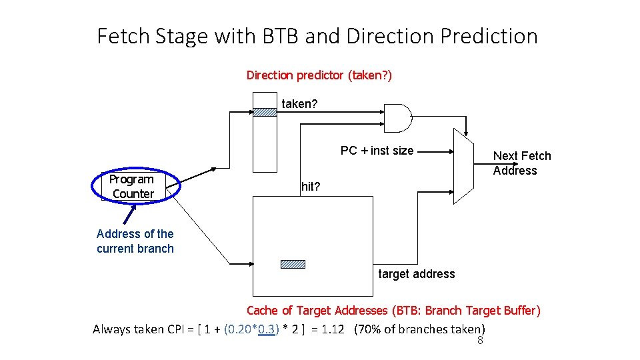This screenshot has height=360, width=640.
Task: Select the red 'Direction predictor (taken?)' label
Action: pos(319,75)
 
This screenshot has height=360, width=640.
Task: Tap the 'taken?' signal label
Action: pos(299,104)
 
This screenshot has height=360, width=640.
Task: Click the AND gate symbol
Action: pos(398,118)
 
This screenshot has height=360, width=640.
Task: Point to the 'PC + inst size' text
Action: pos(377,151)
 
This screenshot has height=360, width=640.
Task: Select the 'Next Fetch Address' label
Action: pos(522,163)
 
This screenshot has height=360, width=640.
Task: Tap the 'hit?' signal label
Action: pos(311,187)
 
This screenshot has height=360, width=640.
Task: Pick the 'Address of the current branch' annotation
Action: pos(135,241)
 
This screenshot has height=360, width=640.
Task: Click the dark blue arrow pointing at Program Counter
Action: pos(129,215)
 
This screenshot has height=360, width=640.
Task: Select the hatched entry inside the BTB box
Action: pos(293,264)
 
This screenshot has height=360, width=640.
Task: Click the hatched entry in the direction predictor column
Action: pos(265,112)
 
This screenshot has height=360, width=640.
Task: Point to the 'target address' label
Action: pos(416,274)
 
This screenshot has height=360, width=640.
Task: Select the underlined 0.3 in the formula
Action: pos(266,329)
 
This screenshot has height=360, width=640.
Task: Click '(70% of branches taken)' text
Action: pos(420,329)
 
